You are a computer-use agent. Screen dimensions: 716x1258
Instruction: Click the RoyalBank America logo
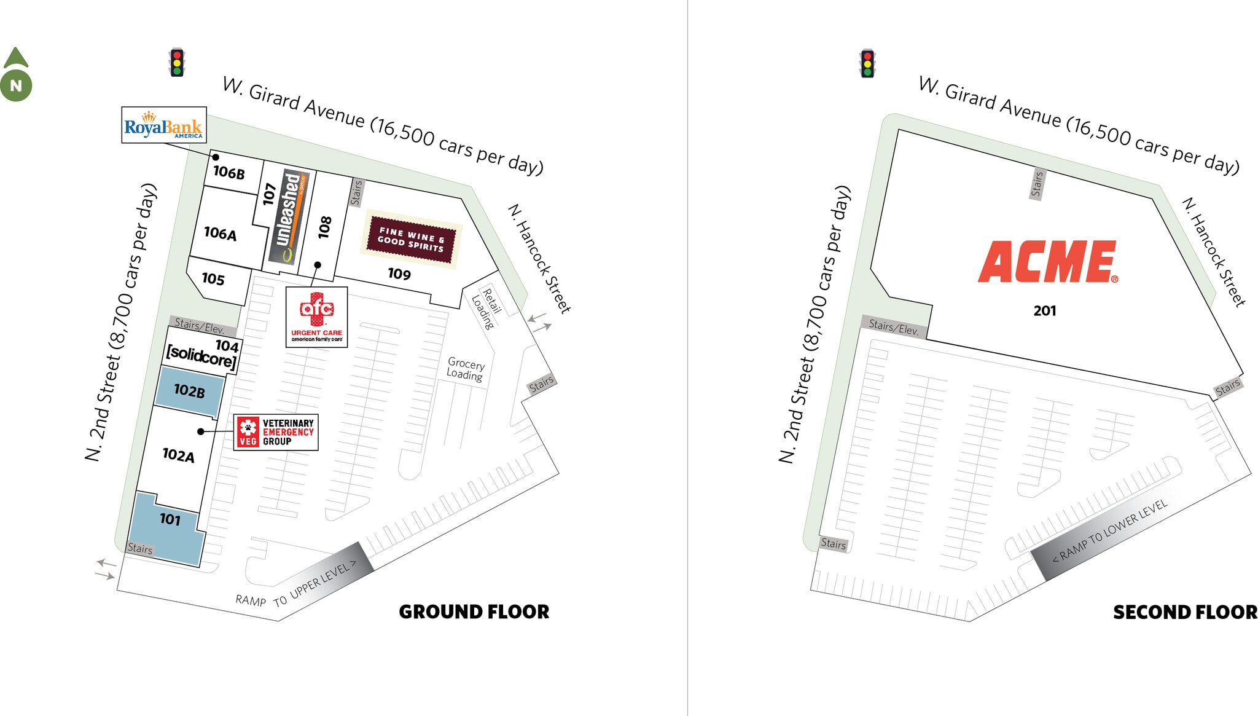tap(163, 125)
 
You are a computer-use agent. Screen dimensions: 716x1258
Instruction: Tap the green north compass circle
tap(16, 85)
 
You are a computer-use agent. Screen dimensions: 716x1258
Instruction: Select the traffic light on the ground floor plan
tap(177, 62)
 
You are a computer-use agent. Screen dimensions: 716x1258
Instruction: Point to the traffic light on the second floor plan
tap(867, 63)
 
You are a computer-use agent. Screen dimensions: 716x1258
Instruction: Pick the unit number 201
tap(1045, 311)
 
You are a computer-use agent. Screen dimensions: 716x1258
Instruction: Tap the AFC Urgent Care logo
tap(316, 317)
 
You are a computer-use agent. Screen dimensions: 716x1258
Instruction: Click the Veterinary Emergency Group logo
tap(276, 432)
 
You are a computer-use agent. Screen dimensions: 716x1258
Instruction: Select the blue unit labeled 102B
tap(189, 391)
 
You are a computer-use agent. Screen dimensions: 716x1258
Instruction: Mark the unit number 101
tap(170, 520)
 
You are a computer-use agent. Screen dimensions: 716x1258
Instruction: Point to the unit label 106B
tap(229, 173)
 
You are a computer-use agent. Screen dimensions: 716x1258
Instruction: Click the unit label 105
tap(213, 279)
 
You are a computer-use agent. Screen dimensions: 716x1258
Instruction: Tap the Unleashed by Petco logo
tap(288, 218)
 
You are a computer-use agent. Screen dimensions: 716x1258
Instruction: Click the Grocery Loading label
tap(465, 369)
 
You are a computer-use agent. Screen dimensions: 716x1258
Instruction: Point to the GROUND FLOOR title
tap(474, 612)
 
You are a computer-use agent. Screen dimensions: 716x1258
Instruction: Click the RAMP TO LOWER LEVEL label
tap(1109, 531)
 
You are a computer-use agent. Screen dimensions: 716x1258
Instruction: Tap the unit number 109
tap(399, 274)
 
